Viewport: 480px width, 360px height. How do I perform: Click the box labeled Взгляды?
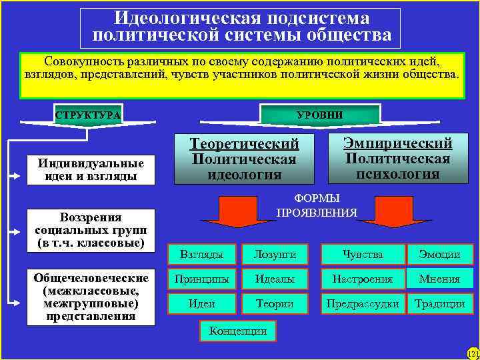[202, 254]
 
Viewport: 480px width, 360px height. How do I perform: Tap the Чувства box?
[363, 254]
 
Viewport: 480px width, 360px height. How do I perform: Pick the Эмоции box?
[440, 254]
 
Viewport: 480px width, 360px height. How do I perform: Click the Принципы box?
[202, 279]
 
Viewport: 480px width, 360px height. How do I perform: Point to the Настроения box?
[363, 279]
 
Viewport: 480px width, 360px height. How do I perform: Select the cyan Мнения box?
[440, 279]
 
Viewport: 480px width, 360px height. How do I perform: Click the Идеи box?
[202, 303]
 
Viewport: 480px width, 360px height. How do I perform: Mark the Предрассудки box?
[363, 303]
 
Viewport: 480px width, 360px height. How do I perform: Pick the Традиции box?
[440, 303]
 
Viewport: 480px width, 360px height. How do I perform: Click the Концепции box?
[238, 330]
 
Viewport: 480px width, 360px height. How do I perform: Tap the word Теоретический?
[245, 144]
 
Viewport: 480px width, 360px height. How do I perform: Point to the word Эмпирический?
[398, 143]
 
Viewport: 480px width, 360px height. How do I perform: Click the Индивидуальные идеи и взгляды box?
[91, 170]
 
